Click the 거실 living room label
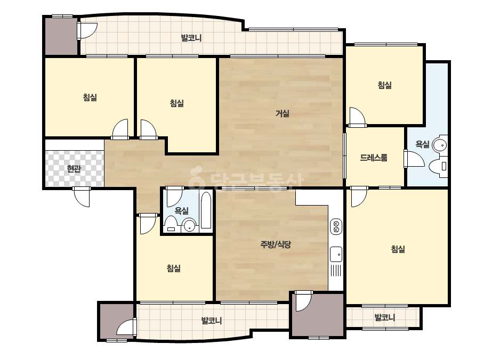(x=282, y=113)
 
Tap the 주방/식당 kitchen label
(x=276, y=244)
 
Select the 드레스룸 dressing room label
(x=373, y=158)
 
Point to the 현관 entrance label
(x=74, y=169)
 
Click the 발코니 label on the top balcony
(x=191, y=38)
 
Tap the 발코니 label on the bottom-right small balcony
(x=385, y=317)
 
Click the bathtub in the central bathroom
(x=206, y=210)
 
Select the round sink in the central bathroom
(x=190, y=225)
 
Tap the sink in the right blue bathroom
(x=440, y=145)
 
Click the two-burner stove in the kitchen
(x=336, y=226)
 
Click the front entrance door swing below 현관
(x=82, y=197)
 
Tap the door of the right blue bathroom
(x=414, y=159)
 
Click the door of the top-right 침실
(x=357, y=117)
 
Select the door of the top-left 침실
(x=120, y=129)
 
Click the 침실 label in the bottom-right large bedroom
(x=398, y=249)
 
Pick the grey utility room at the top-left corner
(x=61, y=36)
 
